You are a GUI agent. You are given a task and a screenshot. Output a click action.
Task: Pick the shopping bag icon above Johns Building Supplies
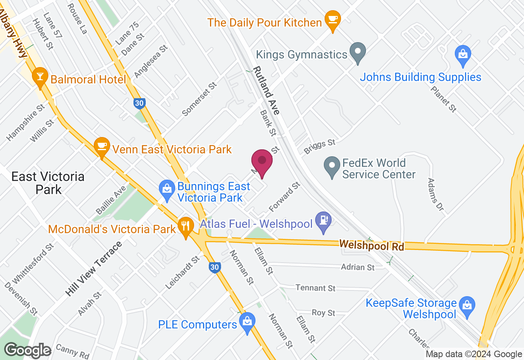[x=463, y=55]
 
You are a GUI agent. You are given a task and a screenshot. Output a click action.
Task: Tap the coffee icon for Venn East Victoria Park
[x=101, y=146]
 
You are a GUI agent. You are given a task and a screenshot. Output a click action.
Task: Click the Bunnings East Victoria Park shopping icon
[x=166, y=190]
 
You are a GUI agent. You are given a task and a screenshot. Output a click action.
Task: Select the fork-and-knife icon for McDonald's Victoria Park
[x=186, y=226]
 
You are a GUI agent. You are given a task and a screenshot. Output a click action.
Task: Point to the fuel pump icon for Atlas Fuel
[x=323, y=221]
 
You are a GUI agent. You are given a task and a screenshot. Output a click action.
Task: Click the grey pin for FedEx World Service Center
[x=332, y=167]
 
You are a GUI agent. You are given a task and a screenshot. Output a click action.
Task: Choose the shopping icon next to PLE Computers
[x=247, y=322]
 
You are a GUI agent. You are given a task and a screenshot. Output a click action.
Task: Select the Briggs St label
[x=319, y=146]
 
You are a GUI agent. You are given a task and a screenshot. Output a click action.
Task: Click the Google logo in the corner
[x=28, y=350]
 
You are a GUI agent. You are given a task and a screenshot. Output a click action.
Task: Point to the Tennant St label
[x=315, y=288]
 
